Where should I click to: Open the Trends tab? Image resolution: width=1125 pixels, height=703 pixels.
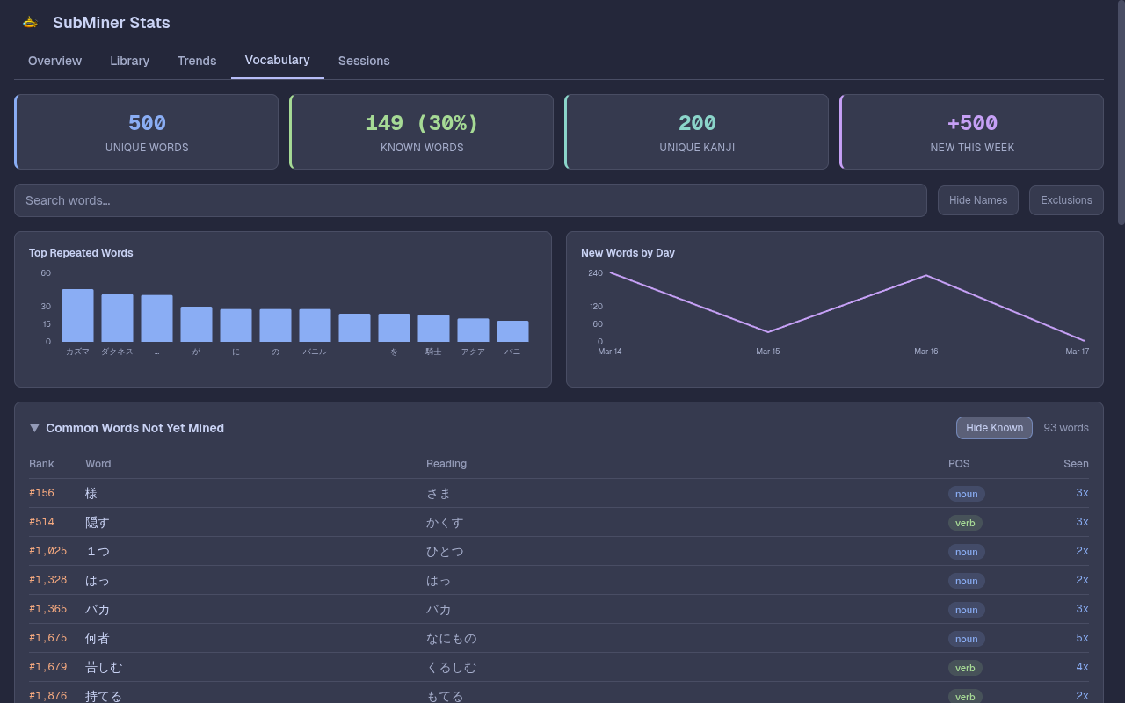click(197, 61)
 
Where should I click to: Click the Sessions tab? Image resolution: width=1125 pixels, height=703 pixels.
click(364, 61)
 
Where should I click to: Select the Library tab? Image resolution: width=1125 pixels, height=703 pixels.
click(129, 61)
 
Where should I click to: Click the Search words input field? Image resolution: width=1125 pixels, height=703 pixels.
click(470, 200)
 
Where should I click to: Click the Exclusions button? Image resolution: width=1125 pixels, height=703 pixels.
click(1066, 200)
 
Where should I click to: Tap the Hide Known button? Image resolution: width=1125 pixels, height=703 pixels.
click(994, 428)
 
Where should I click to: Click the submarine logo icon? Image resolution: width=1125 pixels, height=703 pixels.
click(30, 23)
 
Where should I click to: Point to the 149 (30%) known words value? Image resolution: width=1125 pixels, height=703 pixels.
click(422, 124)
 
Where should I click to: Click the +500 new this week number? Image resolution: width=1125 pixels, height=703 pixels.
click(972, 124)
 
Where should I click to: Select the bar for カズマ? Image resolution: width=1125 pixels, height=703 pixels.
click(77, 315)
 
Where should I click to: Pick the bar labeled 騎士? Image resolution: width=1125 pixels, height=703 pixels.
click(433, 328)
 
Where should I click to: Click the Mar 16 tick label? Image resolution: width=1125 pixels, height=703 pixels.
click(925, 351)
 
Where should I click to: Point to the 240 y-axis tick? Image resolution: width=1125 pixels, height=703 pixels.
click(596, 273)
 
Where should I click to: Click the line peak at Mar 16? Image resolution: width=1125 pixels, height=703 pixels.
click(926, 276)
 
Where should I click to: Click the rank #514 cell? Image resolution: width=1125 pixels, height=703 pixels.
click(41, 522)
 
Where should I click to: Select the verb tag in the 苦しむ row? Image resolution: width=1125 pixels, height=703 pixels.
click(965, 668)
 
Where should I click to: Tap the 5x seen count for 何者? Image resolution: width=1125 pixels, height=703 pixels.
click(1082, 638)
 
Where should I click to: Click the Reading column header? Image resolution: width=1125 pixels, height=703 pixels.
click(446, 464)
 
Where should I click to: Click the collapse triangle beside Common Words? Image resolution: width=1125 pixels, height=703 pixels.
click(34, 428)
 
